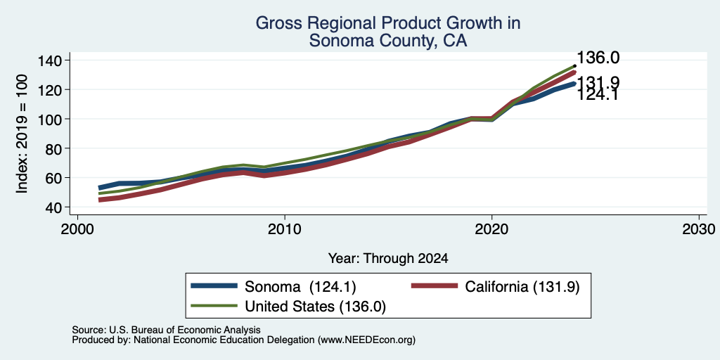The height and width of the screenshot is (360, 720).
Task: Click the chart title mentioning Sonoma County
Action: [388, 32]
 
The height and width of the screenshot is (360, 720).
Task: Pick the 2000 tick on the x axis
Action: [77, 229]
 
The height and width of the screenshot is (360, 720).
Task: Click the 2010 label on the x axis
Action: [285, 229]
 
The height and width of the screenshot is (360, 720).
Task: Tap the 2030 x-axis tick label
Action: [699, 229]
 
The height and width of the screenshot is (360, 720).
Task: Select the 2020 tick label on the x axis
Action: [491, 229]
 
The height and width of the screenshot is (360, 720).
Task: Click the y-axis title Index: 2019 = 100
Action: [22, 134]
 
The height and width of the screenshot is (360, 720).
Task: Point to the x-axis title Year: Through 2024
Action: [388, 259]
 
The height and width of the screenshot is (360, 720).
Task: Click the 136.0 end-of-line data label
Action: [598, 58]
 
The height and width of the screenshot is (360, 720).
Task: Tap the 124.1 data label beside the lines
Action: [597, 95]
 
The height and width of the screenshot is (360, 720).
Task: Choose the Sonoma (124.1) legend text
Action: [301, 287]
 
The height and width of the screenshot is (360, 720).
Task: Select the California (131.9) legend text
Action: [522, 287]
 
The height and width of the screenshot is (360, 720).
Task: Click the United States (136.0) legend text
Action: [316, 307]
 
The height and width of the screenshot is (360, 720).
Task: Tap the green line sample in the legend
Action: [214, 306]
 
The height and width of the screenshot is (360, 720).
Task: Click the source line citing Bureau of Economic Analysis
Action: [166, 330]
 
